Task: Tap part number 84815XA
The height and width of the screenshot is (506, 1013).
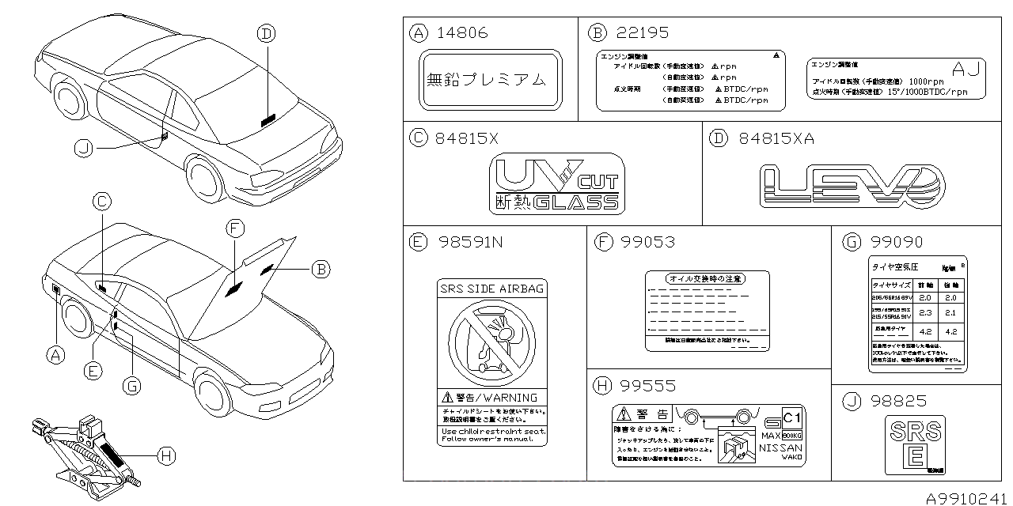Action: tap(776, 139)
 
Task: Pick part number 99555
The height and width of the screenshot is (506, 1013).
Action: tap(647, 385)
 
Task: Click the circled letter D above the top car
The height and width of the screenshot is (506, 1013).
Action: tap(266, 32)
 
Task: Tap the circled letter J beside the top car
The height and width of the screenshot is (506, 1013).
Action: tap(85, 148)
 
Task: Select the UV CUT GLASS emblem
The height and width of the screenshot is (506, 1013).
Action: tap(556, 184)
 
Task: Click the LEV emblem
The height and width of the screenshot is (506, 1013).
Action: tap(852, 187)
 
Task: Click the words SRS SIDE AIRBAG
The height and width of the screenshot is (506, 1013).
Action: tap(491, 289)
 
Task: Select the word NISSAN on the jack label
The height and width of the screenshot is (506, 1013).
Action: tap(780, 447)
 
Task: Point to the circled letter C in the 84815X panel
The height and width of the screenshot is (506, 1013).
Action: tap(418, 139)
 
